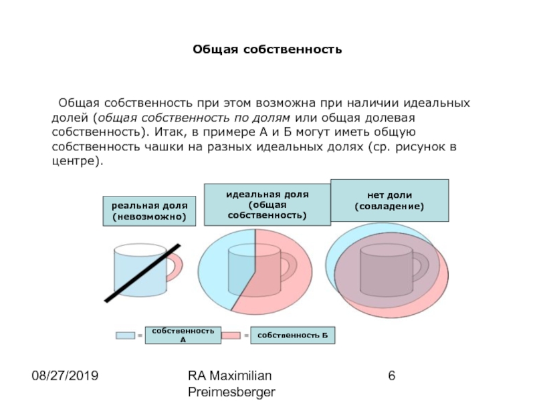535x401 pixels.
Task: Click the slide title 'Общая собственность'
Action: coord(267,49)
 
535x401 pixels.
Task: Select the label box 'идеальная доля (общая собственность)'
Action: coord(267,205)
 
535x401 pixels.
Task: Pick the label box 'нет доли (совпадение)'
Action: coord(389,200)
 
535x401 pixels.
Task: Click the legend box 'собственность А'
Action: coord(183,335)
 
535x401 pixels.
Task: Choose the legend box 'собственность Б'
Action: coord(293,334)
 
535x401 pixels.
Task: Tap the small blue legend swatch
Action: coord(125,334)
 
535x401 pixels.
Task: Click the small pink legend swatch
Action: coord(231,334)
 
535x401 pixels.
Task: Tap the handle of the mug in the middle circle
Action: coord(286,268)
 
